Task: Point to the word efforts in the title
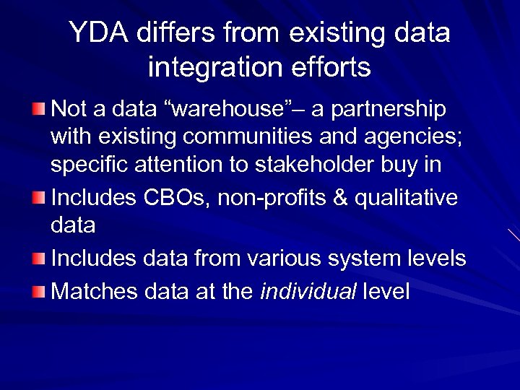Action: coord(331,67)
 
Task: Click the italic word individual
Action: coord(308,291)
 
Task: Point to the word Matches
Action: coord(95,291)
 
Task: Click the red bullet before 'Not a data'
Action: coord(38,110)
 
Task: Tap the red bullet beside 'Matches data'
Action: coord(38,291)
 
